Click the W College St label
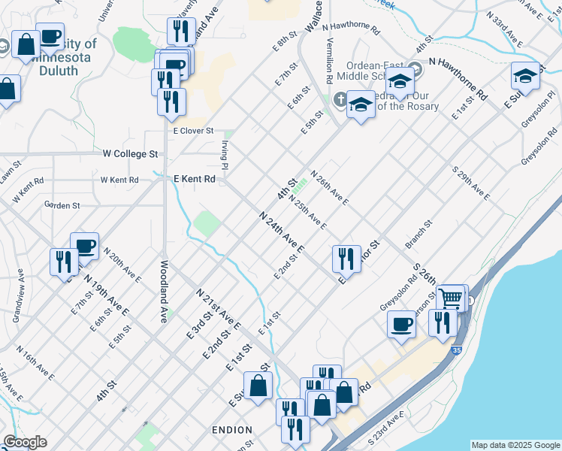pos(131,153)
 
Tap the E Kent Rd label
pos(195,180)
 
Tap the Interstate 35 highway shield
pos(456,350)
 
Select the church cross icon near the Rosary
pos(340,99)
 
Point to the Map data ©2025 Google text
pos(515,445)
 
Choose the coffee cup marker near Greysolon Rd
pos(401,324)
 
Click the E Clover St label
pos(194,131)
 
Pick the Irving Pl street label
pos(224,155)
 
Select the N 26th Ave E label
pos(329,187)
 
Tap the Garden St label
pos(62,204)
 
